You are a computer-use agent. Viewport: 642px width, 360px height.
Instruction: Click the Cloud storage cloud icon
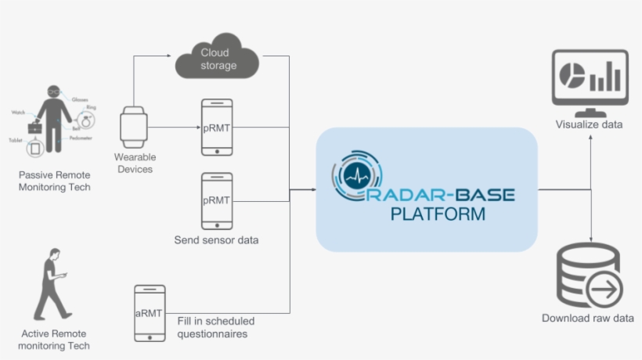click(218, 57)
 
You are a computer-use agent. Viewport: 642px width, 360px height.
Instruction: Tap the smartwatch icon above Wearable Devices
click(134, 128)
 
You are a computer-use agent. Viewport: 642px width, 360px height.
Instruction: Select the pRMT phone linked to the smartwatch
click(216, 128)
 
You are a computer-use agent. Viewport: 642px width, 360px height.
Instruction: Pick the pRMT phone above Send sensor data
click(216, 200)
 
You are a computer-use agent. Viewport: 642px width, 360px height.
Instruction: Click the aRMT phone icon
click(150, 314)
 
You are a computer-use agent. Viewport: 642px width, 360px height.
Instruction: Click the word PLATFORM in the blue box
click(438, 213)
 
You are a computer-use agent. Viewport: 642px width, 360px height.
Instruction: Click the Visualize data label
click(589, 124)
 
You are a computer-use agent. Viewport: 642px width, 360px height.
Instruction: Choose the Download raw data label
click(588, 319)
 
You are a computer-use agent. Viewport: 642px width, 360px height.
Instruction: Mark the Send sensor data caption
click(216, 239)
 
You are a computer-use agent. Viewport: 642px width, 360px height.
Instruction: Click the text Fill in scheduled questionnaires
click(216, 327)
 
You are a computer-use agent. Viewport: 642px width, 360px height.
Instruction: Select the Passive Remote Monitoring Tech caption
click(55, 181)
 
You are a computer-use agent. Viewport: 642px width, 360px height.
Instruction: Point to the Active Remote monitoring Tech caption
click(55, 339)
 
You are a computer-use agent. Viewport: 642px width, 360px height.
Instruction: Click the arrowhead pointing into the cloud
click(168, 56)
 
